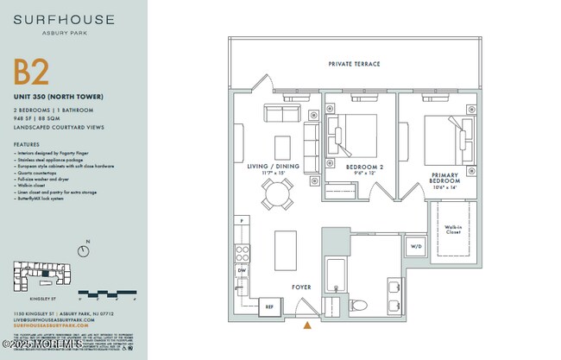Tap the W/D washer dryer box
click(417, 246)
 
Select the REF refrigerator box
click(268, 306)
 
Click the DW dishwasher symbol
click(242, 270)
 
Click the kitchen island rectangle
click(286, 250)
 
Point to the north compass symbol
click(83, 250)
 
